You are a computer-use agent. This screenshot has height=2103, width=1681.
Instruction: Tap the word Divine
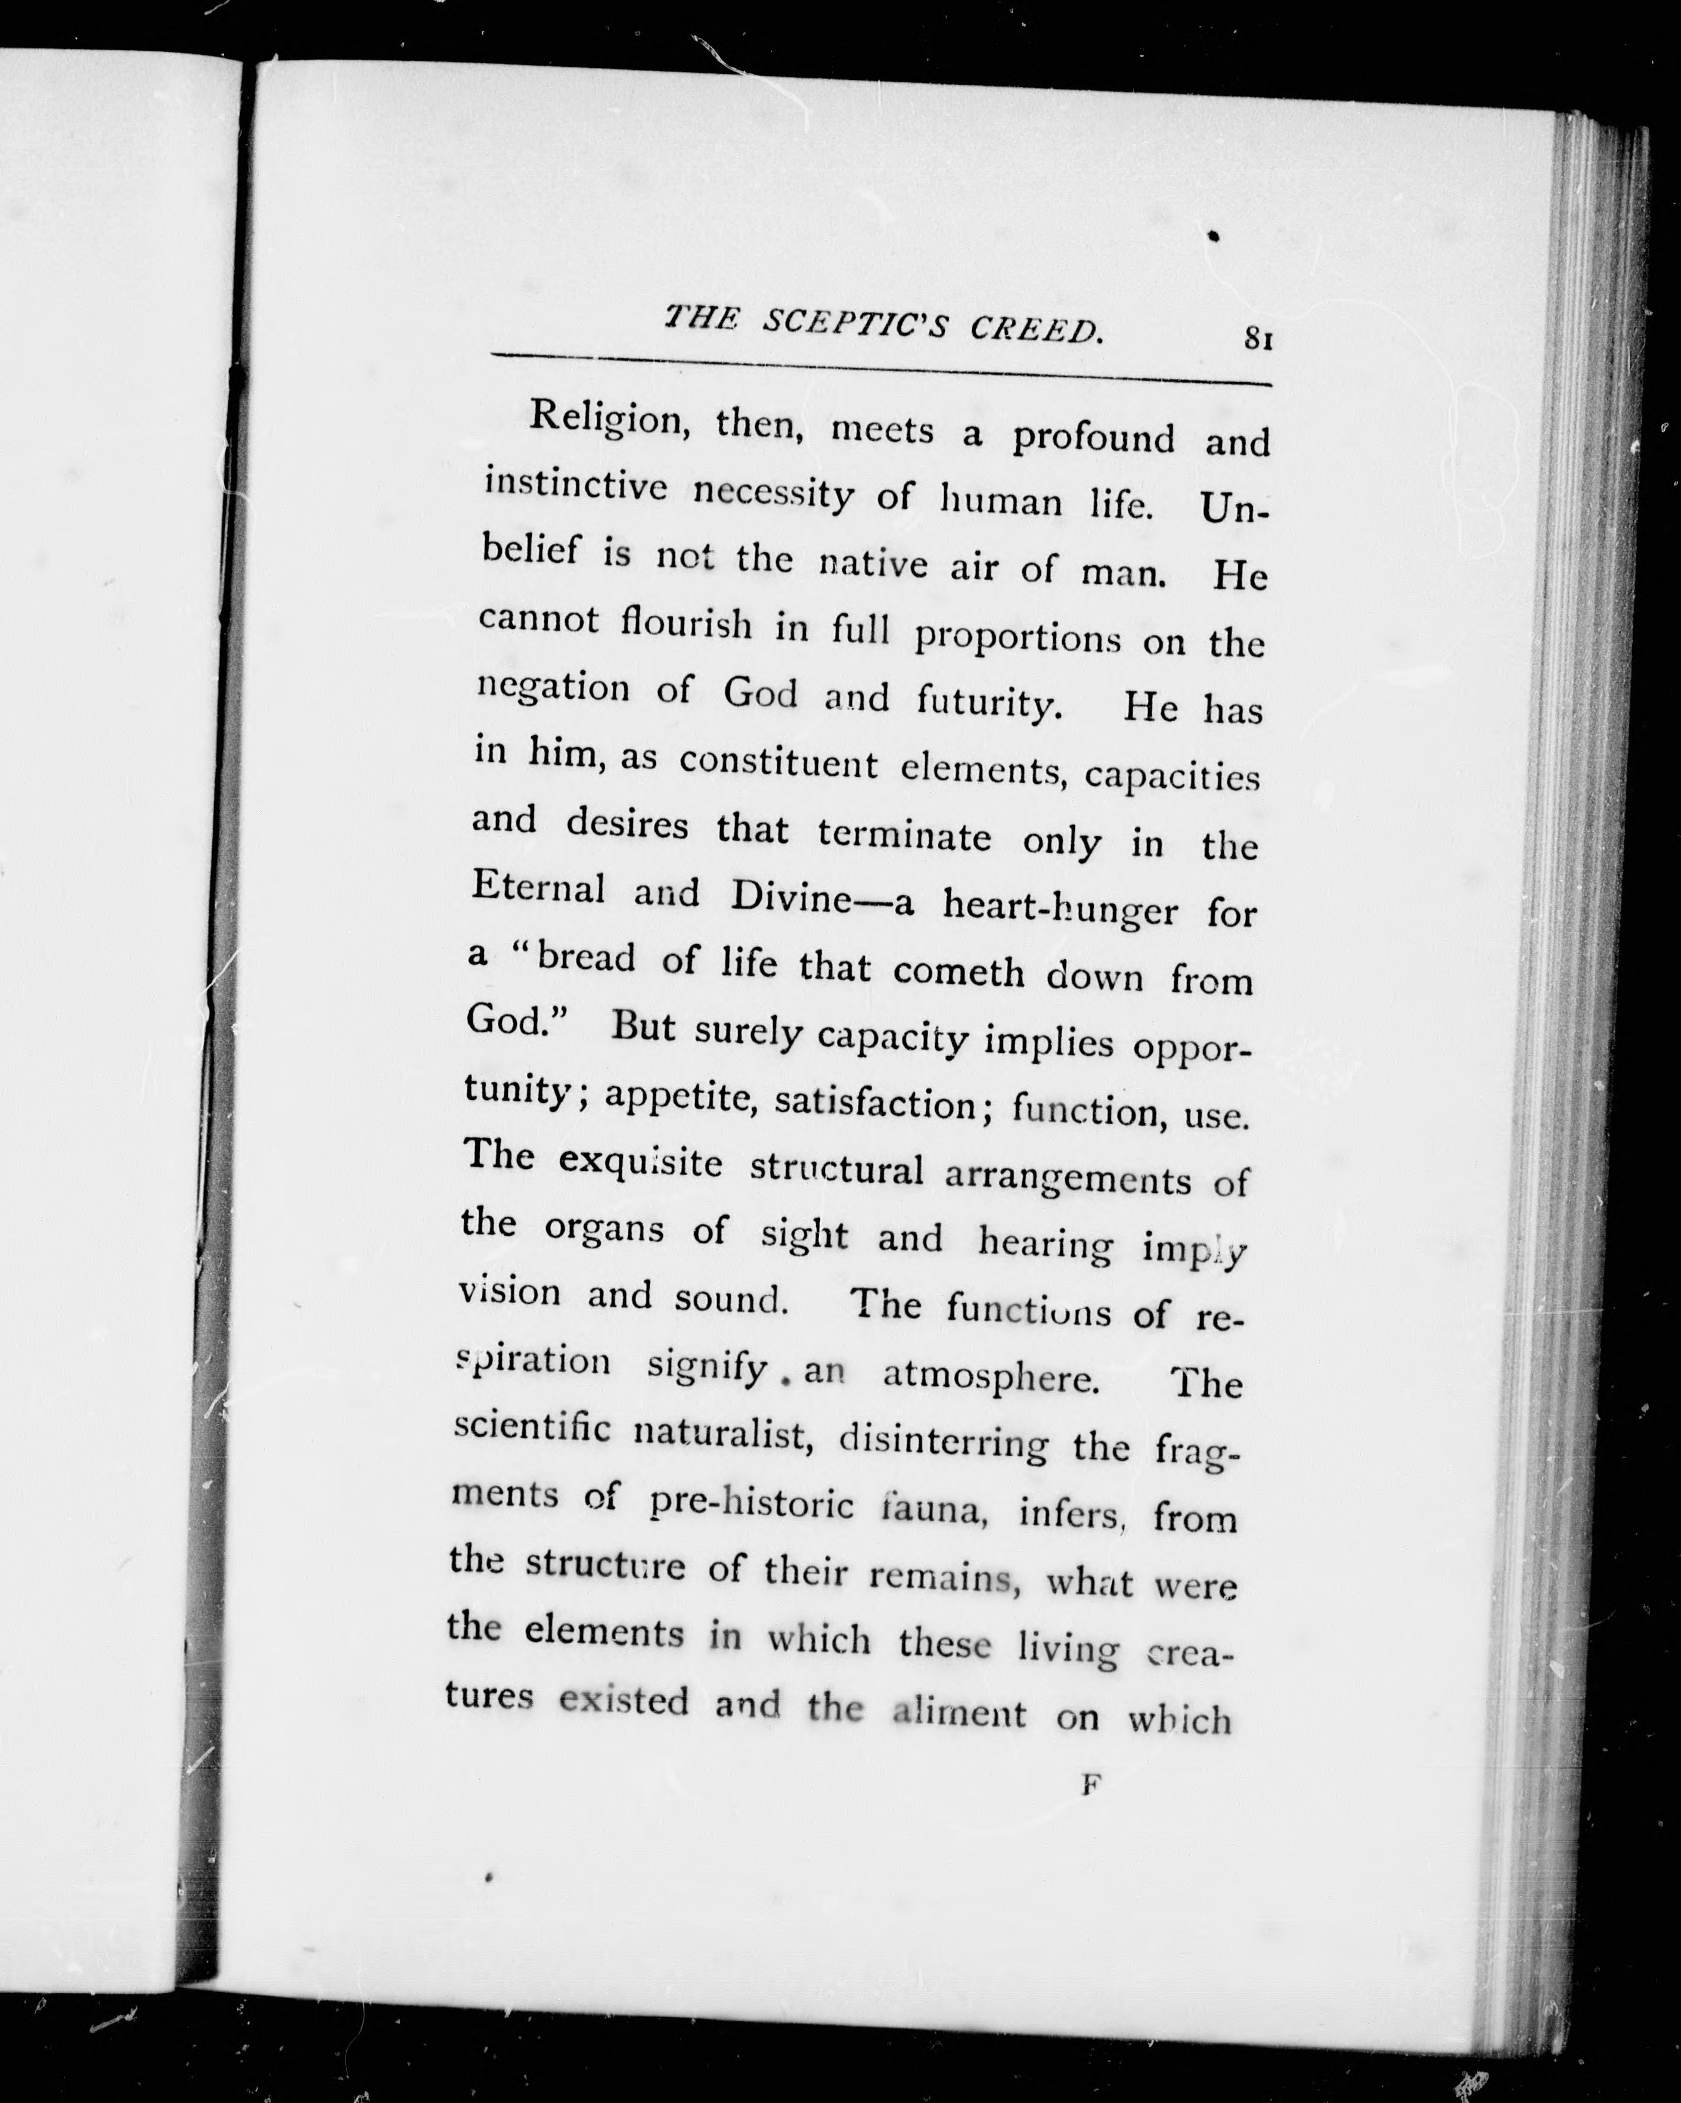[x=791, y=897]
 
